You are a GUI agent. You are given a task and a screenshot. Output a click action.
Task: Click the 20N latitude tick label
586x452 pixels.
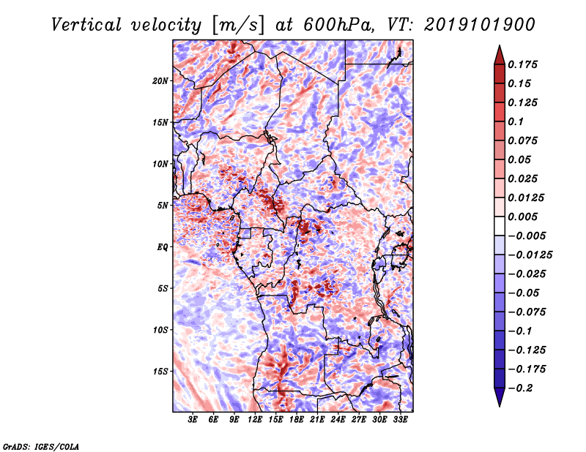[x=160, y=81]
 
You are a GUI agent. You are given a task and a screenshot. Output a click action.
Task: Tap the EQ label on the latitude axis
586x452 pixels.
[x=163, y=247]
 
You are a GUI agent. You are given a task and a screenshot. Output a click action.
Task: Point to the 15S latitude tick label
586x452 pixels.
[x=160, y=372]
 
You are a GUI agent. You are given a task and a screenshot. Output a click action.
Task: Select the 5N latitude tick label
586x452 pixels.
[x=163, y=206]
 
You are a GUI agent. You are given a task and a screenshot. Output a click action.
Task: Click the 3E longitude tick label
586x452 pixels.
[x=193, y=420]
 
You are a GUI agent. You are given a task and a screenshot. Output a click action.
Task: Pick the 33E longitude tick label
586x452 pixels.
[x=400, y=420]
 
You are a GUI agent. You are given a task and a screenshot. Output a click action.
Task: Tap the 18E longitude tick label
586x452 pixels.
[x=297, y=420]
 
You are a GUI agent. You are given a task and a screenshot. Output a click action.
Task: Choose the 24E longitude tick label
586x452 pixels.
[x=338, y=420]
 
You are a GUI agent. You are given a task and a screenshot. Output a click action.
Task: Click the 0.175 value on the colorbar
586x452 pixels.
[x=522, y=64]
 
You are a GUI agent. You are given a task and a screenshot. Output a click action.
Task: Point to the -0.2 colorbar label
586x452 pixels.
[x=520, y=388]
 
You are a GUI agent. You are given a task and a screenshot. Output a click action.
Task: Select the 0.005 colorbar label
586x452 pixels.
[x=522, y=216]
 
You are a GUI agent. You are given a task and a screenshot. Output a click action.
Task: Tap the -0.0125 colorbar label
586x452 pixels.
[x=530, y=255]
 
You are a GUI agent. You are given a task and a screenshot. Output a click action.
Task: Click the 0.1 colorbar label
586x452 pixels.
[x=516, y=121]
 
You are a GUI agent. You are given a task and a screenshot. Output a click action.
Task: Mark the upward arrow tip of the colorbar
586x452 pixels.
[x=500, y=45]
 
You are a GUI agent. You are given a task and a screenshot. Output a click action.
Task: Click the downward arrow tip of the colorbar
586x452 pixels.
[x=500, y=406]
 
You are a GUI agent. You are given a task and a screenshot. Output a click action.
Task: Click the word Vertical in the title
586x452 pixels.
[x=86, y=25]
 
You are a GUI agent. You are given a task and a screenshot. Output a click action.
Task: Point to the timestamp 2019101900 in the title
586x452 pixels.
[x=480, y=25]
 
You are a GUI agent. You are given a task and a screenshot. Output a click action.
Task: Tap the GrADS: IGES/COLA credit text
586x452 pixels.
[x=41, y=446]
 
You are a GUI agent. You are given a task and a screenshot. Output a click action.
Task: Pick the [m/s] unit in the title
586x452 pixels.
[x=238, y=26]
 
